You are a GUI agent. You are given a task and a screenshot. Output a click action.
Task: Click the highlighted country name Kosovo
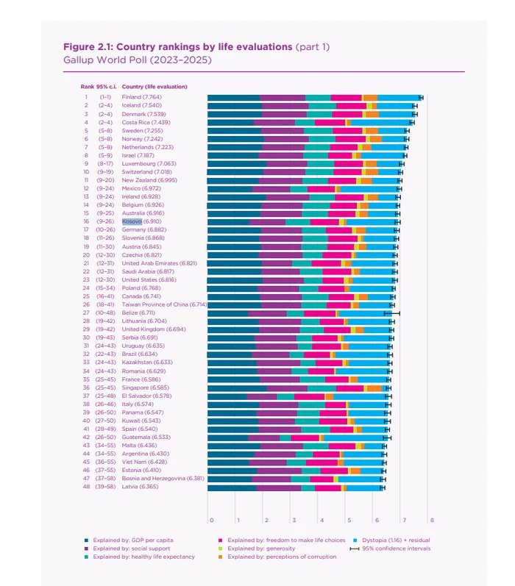click(132, 221)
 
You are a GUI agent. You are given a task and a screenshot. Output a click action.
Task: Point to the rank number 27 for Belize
click(86, 312)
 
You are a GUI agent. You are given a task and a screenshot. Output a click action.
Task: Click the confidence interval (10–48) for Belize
click(105, 312)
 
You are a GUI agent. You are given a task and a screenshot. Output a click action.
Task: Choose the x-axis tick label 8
click(432, 520)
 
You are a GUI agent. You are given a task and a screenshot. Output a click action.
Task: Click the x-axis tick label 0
click(211, 520)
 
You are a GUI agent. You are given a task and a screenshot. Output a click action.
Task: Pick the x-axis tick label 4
click(322, 520)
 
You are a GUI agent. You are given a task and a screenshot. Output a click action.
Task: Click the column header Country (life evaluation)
click(154, 87)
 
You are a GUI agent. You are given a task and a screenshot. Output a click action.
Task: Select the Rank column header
click(87, 87)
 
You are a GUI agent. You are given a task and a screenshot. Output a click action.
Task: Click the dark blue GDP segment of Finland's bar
click(234, 97)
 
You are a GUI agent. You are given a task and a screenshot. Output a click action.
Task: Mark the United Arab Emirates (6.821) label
click(160, 262)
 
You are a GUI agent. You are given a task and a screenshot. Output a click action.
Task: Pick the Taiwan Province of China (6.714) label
click(165, 304)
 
